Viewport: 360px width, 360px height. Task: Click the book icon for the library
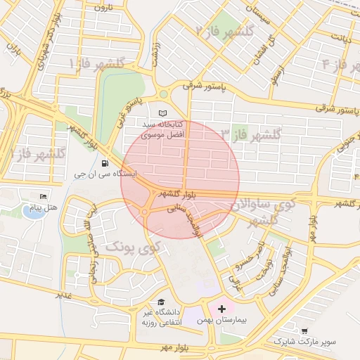pos(164,114)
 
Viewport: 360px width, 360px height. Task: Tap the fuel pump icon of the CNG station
pos(105,163)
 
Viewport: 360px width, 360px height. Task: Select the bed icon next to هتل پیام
pos(44,196)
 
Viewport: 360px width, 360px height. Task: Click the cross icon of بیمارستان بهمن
pos(222,309)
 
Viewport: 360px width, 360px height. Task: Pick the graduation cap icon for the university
pos(162,301)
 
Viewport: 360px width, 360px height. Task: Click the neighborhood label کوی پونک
pos(133,247)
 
